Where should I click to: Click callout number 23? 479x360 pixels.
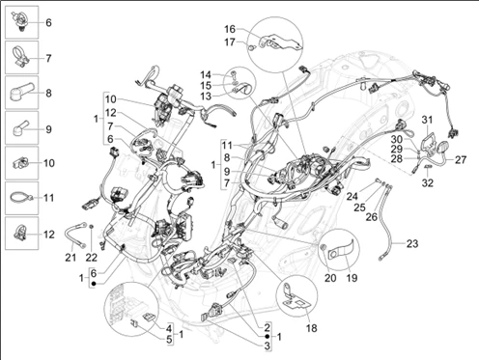click(x=412, y=243)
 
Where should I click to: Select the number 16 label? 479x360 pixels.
click(x=230, y=29)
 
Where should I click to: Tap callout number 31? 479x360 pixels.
click(x=427, y=120)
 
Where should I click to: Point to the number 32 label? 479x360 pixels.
click(x=428, y=183)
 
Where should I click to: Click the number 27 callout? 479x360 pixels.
click(x=461, y=160)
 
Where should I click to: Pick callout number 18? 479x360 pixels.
click(x=312, y=328)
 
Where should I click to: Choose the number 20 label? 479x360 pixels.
click(x=330, y=278)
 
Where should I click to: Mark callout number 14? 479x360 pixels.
click(x=206, y=75)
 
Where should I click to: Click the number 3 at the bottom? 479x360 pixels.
click(x=268, y=346)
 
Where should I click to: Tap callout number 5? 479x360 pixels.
click(x=169, y=341)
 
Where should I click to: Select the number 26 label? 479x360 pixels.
click(x=372, y=217)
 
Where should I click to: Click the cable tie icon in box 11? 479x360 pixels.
click(x=21, y=197)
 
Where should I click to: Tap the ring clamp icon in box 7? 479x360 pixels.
click(x=21, y=57)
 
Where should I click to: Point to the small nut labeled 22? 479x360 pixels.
click(x=92, y=228)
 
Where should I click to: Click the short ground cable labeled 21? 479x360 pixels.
click(x=76, y=234)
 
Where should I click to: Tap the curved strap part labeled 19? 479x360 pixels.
click(x=341, y=251)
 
